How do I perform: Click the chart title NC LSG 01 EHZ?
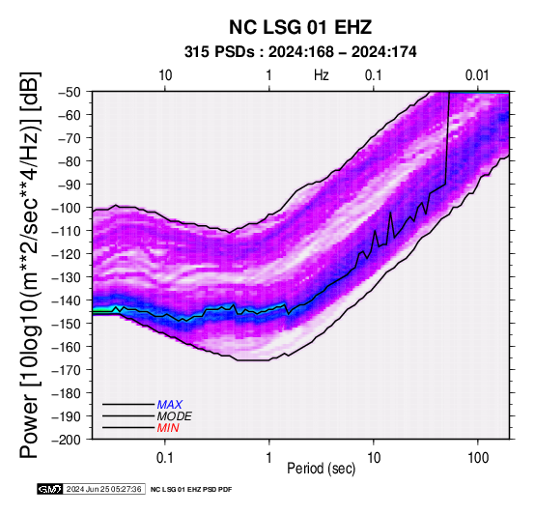[x=300, y=27]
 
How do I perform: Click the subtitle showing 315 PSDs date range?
[x=300, y=52]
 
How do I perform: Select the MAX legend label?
[x=169, y=405]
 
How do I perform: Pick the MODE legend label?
[x=175, y=416]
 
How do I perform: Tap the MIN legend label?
[x=168, y=428]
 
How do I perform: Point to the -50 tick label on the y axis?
[x=70, y=92]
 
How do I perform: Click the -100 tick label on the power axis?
[x=67, y=208]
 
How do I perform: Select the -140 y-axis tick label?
[x=67, y=300]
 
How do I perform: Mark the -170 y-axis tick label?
[x=67, y=370]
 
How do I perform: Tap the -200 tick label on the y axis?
[x=67, y=440]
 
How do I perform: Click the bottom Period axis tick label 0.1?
[x=164, y=458]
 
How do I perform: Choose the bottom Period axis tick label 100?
[x=478, y=458]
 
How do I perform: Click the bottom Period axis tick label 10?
[x=374, y=458]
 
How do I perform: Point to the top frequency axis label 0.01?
[x=477, y=75]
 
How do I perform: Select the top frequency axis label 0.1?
[x=374, y=75]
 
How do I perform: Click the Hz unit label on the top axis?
[x=322, y=75]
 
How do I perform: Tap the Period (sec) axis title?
[x=322, y=469]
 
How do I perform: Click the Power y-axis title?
[x=30, y=265]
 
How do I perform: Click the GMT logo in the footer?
[x=50, y=489]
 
